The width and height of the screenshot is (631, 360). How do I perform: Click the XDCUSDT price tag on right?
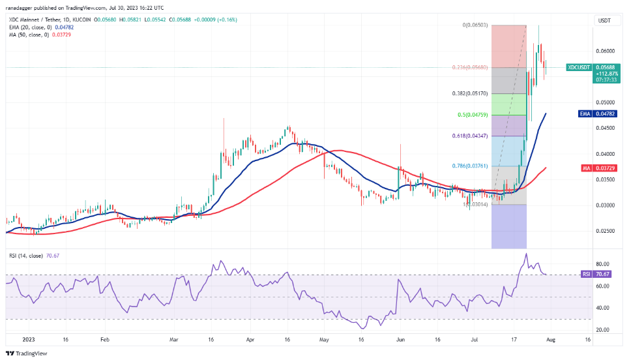click(x=580, y=67)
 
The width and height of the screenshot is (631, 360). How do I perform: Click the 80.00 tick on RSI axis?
click(x=604, y=264)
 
